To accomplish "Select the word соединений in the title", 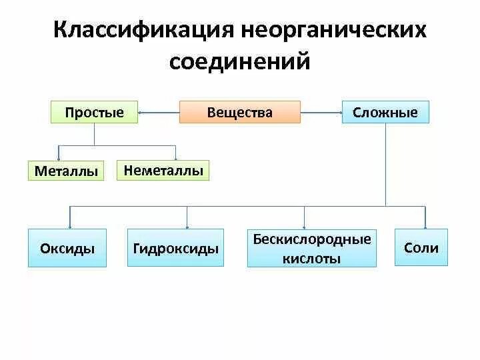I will coord(240,62).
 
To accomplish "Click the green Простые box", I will coord(94,112).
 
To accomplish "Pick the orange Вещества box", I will coord(239,112).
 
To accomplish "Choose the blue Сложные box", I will coord(385,112).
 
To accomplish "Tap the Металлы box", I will coord(67,171).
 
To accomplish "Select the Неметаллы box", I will coord(163,170).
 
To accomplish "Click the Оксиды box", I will coord(67,248).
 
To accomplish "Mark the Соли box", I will coord(421,247).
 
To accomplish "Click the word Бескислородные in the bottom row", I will coord(311,239).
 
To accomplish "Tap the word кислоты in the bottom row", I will coord(311,258).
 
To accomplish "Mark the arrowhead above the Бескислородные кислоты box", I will coord(304,227).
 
